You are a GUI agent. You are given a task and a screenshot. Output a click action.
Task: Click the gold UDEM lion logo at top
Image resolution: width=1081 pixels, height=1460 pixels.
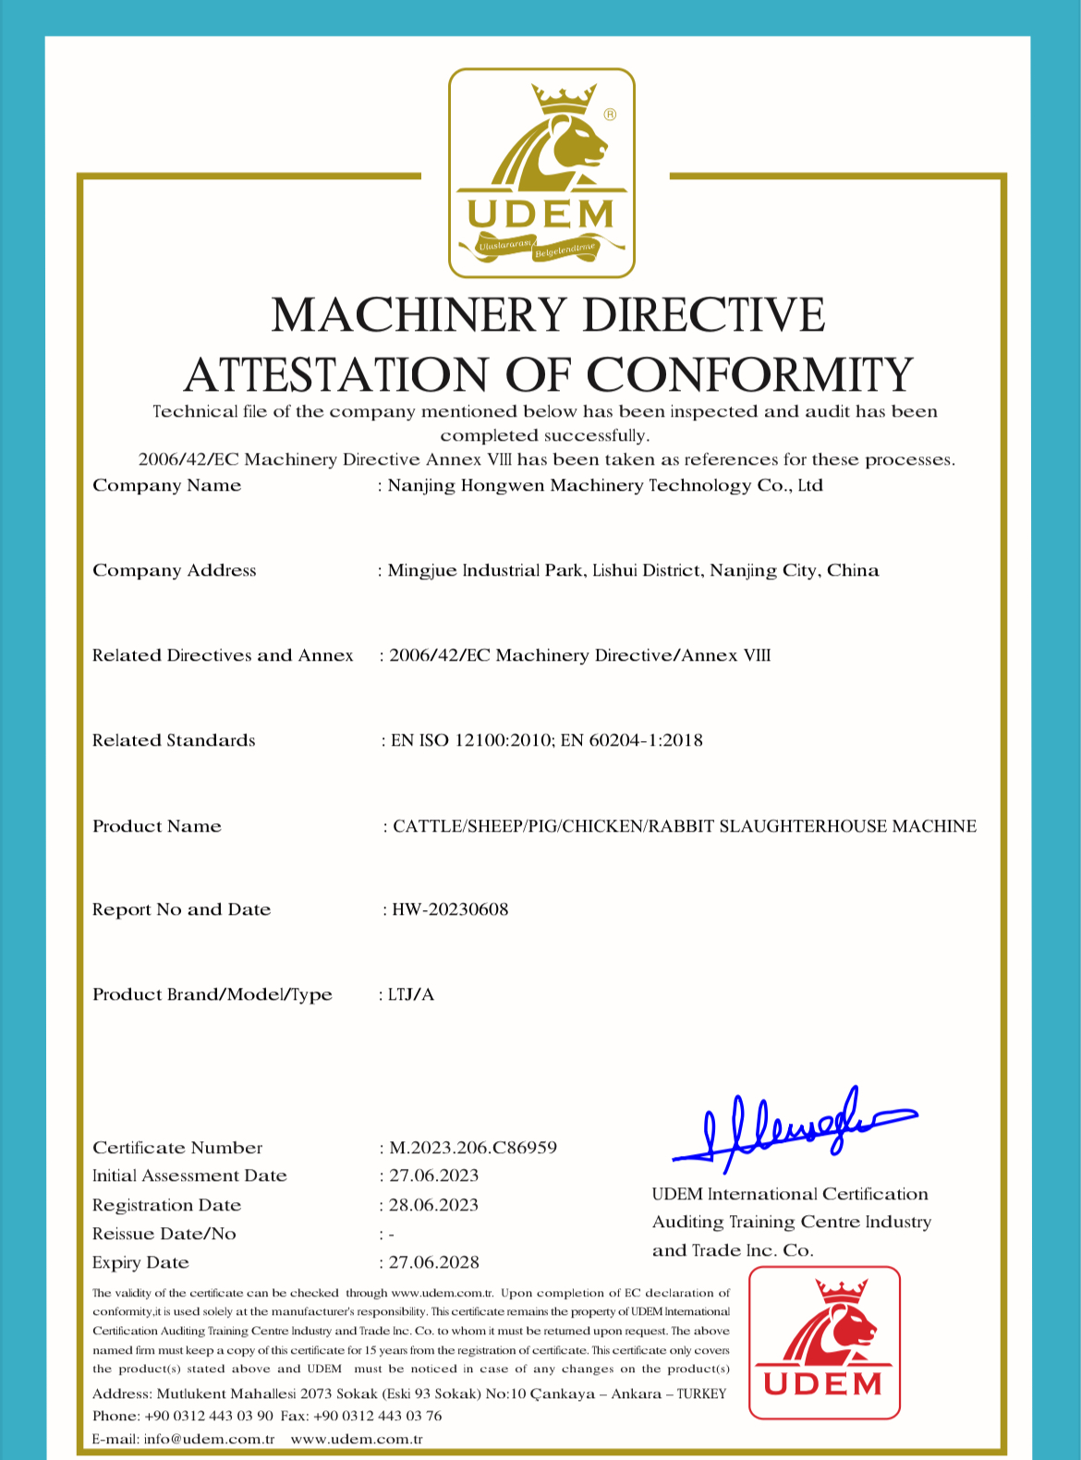[x=541, y=173]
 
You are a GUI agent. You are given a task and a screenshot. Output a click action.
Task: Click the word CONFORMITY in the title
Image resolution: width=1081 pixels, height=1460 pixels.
[x=749, y=375]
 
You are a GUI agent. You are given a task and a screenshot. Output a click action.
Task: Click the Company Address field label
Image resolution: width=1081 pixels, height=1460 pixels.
[x=174, y=570]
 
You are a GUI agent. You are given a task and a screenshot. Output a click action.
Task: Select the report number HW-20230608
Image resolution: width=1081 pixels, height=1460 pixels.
[x=450, y=909]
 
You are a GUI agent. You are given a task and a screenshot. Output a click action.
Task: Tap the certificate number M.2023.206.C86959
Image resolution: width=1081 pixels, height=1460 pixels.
[x=473, y=1148]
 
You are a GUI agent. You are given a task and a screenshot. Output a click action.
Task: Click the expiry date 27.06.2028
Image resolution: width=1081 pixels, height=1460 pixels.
[x=433, y=1262]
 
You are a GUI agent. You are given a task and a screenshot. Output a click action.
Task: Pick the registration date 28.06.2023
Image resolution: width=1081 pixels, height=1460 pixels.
[x=433, y=1205]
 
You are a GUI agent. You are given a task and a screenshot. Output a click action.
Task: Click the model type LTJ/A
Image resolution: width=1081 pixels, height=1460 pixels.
[x=411, y=994]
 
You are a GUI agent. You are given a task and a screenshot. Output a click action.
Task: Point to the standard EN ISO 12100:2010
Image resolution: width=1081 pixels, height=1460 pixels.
[x=471, y=740]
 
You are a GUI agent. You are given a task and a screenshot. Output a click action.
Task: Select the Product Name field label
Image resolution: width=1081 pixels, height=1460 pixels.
[x=157, y=826]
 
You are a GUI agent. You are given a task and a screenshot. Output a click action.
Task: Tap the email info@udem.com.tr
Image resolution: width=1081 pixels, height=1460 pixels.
[x=209, y=1439]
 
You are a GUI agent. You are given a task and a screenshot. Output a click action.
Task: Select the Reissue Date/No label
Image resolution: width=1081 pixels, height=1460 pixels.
[x=164, y=1234]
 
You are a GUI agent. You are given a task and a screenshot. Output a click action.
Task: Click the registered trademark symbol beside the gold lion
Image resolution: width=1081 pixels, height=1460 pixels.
[x=610, y=115]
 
